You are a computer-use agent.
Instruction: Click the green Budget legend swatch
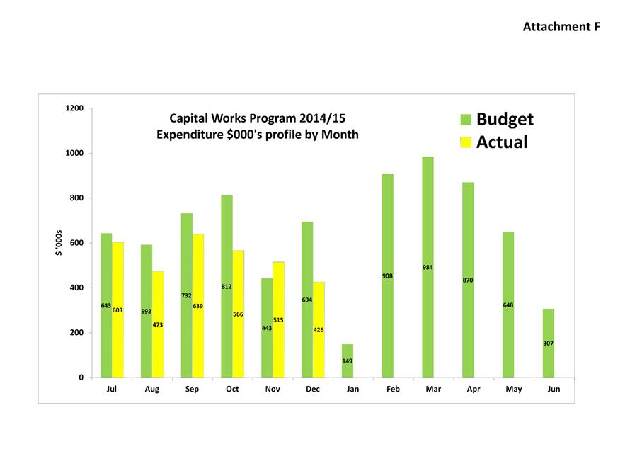click(x=466, y=119)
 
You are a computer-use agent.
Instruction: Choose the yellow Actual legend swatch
click(x=466, y=142)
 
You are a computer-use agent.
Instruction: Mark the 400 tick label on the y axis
click(x=76, y=288)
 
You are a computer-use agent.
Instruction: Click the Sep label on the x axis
click(x=192, y=390)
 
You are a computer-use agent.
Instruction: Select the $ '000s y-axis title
click(x=61, y=243)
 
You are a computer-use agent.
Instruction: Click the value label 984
click(x=428, y=268)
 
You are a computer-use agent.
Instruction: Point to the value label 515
click(x=278, y=320)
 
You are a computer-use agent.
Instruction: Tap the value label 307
click(x=549, y=344)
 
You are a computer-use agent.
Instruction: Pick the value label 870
click(x=468, y=280)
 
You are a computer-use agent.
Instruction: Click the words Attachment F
click(x=561, y=27)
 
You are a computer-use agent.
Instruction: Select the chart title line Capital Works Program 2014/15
click(x=258, y=118)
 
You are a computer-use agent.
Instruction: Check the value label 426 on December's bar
click(x=319, y=330)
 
